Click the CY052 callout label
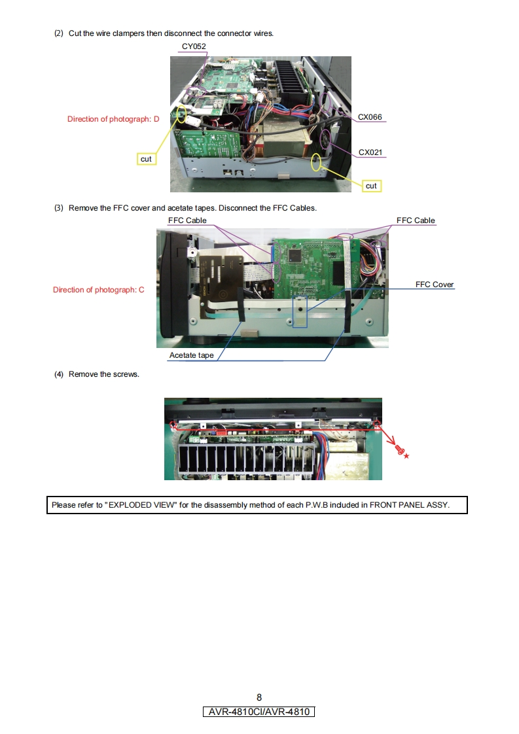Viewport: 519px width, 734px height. coord(194,46)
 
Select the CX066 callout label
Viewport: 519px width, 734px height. coord(370,117)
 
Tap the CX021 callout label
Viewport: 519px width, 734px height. coord(370,152)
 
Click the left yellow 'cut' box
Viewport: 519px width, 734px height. coord(146,159)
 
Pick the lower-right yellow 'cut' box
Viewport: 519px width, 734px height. coord(371,186)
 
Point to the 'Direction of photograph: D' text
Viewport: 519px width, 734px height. coord(113,119)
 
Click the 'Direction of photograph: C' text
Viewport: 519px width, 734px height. coord(99,290)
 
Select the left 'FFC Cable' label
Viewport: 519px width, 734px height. coord(187,220)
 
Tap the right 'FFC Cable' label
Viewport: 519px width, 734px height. coord(416,220)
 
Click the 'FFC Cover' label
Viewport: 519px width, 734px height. coord(435,285)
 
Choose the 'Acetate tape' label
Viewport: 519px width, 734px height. coord(191,355)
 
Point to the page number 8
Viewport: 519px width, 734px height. coord(259,697)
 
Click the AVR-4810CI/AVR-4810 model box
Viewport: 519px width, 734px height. coord(259,712)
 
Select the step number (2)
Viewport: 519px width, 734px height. coord(59,33)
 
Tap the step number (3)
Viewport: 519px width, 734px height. coord(59,208)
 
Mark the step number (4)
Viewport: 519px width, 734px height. coord(59,374)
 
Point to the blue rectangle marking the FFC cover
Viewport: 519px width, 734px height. coord(300,310)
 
